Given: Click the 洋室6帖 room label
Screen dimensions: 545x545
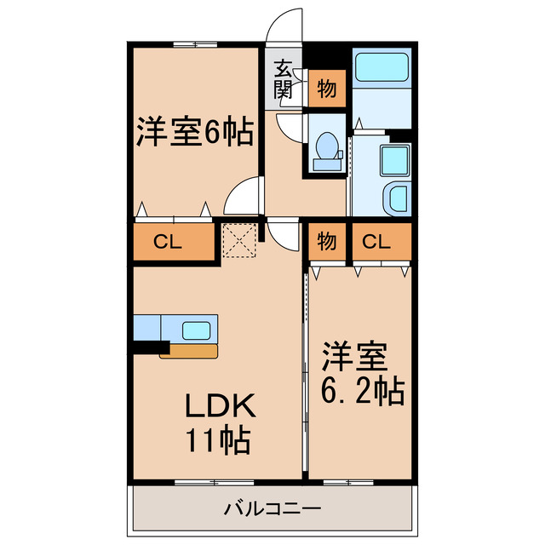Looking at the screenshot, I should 194,133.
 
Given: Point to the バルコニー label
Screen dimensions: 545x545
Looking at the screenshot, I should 272,511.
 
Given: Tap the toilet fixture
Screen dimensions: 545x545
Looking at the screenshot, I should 324,149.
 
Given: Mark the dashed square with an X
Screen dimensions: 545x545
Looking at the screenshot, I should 239,239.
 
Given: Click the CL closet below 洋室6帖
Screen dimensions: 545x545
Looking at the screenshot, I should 173,241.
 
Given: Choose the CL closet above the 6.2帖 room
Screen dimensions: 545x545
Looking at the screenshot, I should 376,241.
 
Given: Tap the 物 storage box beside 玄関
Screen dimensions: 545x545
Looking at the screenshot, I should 326,88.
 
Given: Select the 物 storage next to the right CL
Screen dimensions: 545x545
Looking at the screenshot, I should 326,241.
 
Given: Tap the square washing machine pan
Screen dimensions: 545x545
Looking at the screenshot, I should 395,159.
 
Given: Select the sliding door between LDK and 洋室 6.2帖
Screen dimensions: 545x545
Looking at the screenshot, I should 307,375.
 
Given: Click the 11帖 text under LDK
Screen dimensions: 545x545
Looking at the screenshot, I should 216,440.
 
